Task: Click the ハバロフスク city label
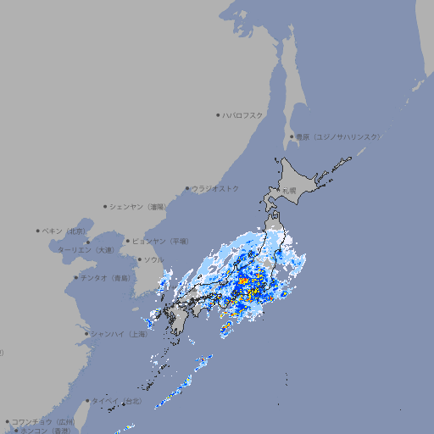click(243, 114)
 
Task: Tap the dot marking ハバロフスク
click(219, 114)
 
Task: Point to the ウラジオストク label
click(215, 188)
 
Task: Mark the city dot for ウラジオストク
click(187, 188)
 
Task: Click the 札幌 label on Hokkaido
click(290, 191)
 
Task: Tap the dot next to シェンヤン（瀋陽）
click(105, 206)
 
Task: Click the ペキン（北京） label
click(65, 231)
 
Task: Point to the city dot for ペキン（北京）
click(38, 231)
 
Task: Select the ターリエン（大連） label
click(86, 250)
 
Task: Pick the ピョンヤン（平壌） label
click(161, 241)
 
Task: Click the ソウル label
click(153, 259)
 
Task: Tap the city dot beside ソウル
click(139, 259)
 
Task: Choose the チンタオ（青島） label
click(105, 277)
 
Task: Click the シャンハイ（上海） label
click(119, 334)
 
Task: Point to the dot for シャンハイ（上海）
click(86, 334)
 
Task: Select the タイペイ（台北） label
click(117, 400)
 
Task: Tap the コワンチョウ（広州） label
click(43, 421)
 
